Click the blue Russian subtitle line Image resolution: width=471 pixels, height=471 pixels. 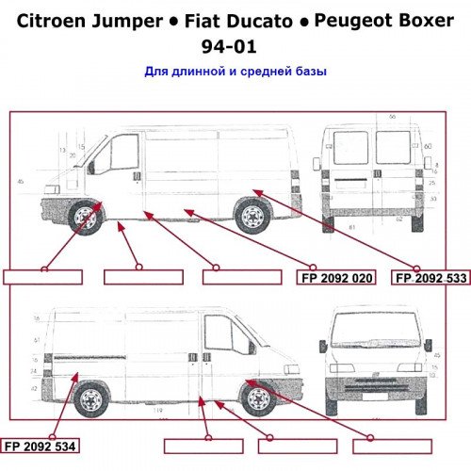click(x=235, y=71)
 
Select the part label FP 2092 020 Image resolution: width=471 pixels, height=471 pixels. click(x=337, y=278)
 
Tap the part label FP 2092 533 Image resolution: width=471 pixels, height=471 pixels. click(x=430, y=278)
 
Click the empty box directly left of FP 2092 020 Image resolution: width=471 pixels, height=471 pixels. click(x=242, y=277)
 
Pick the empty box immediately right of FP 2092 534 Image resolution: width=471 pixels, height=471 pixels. click(x=203, y=446)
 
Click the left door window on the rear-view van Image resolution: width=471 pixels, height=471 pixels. click(x=350, y=149)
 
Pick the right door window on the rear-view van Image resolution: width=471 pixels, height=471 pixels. click(x=394, y=148)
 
